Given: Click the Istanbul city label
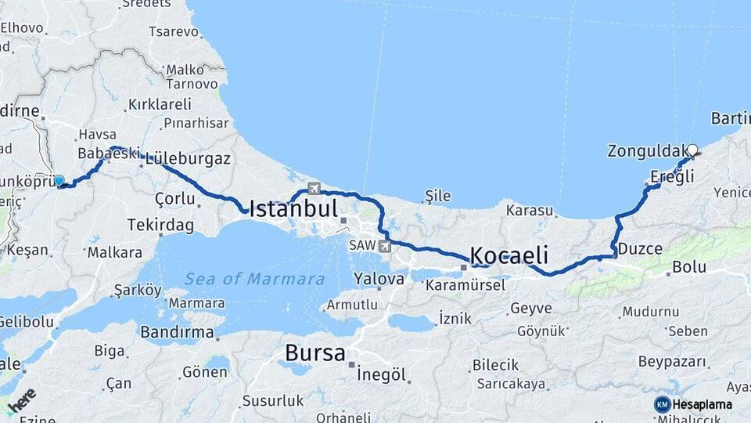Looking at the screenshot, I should (293, 208).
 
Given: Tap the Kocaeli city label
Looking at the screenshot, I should (508, 255).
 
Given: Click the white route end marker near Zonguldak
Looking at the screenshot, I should (692, 150).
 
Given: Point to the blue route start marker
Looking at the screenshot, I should (59, 181).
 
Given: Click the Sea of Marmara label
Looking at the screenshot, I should (255, 279).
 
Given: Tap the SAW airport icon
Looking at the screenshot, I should (384, 246).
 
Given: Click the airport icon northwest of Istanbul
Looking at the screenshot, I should (314, 188).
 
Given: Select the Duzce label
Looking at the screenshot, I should (641, 249).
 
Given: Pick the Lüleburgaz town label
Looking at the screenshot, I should (188, 158).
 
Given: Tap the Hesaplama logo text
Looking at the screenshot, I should (702, 404).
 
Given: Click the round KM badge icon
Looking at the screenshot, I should (662, 404).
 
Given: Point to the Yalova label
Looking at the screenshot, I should (379, 278).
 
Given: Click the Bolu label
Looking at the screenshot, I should (689, 266).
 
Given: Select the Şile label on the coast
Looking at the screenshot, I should (437, 194).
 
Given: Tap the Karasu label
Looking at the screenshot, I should (530, 211).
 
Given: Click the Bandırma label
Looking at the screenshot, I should (177, 332).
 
